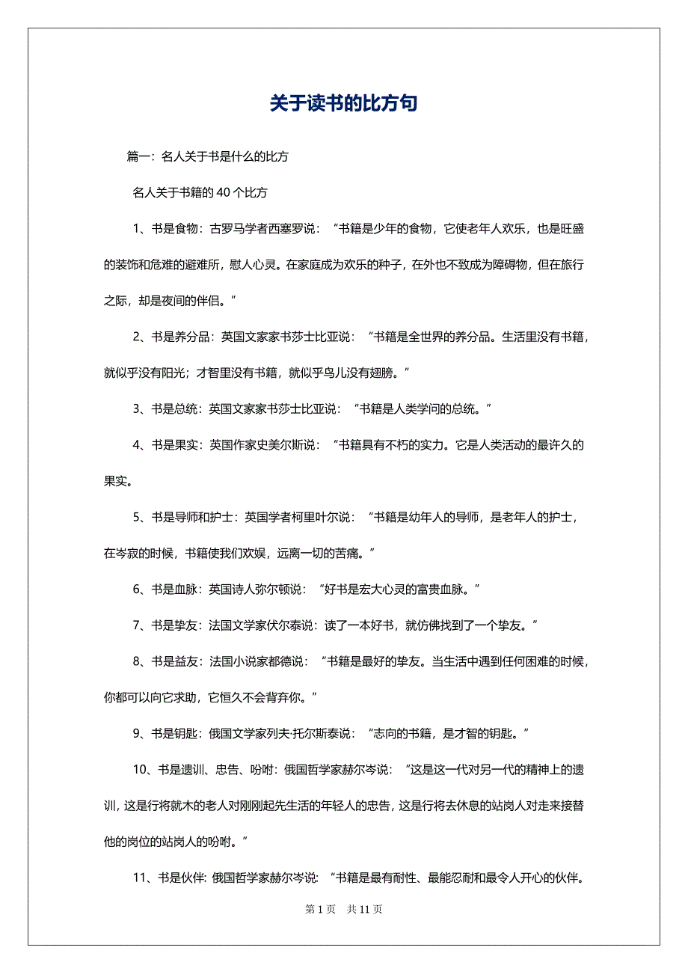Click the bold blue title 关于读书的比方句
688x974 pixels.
(x=343, y=104)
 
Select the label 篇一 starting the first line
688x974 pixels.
(x=138, y=156)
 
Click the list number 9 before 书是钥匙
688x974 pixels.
(x=137, y=734)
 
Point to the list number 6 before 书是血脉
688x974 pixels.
(x=137, y=589)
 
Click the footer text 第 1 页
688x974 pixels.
(x=319, y=910)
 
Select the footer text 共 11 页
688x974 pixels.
(x=365, y=910)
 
